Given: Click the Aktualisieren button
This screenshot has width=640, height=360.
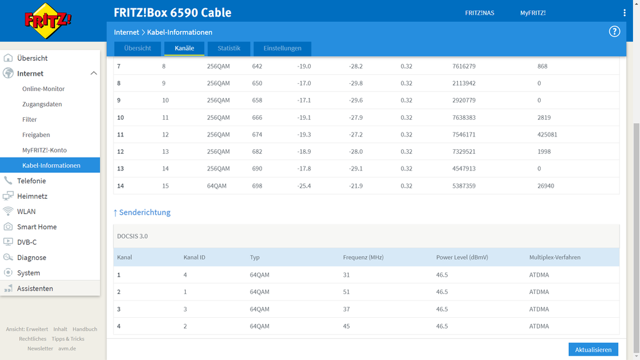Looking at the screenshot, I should click(x=593, y=350).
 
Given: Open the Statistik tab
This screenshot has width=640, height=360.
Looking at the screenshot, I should click(x=229, y=48).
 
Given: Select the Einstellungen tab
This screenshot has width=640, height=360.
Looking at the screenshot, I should click(x=283, y=48).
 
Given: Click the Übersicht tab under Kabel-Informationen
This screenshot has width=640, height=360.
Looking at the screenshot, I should click(x=137, y=48).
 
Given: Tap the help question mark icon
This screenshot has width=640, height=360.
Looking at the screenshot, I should click(x=614, y=31).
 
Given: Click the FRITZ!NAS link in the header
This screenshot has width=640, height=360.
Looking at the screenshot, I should click(x=479, y=13).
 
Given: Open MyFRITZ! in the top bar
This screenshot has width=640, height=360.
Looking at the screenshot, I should click(x=532, y=13).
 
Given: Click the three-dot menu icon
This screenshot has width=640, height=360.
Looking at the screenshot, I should click(x=625, y=13).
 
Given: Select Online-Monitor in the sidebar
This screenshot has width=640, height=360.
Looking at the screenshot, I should click(x=43, y=89).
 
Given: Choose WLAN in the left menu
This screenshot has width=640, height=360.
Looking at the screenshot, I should click(x=26, y=211).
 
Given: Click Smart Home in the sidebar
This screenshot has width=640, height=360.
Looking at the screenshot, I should click(x=37, y=227).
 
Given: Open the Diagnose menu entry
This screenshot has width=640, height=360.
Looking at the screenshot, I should click(x=31, y=258).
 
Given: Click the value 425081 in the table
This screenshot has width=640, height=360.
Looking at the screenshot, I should click(x=547, y=135).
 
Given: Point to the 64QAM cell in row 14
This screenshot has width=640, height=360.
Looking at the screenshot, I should click(x=216, y=186).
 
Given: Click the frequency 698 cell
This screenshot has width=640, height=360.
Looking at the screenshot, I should click(x=257, y=186).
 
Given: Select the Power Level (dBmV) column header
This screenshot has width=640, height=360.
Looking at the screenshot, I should click(x=459, y=258).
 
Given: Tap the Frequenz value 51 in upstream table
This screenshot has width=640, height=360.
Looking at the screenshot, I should click(x=347, y=292).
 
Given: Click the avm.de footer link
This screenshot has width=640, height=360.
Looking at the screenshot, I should click(x=67, y=348).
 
